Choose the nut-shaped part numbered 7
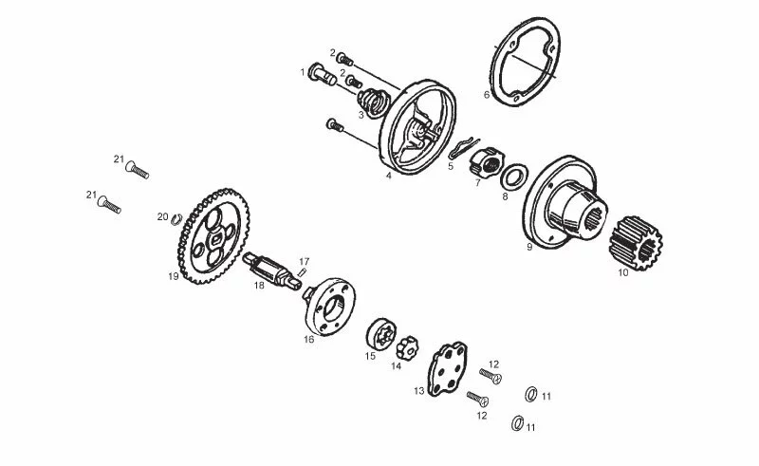tap(485, 164)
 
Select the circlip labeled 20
tap(176, 220)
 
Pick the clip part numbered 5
tap(459, 149)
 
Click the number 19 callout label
tap(174, 277)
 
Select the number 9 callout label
tap(529, 246)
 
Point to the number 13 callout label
tap(418, 390)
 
